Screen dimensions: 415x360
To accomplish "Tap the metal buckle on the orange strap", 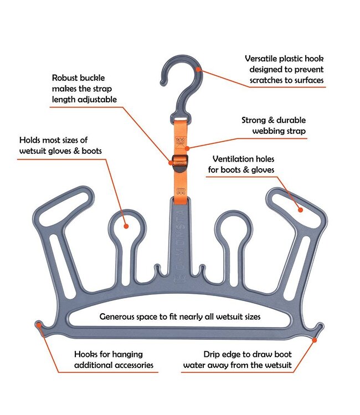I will (x=179, y=162).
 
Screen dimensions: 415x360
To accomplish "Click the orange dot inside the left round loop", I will (x=126, y=226).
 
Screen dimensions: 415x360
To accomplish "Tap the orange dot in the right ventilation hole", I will (x=300, y=209).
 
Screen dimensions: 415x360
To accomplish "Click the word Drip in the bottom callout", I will (x=213, y=354).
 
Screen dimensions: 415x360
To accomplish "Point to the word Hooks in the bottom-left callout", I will (x=87, y=354).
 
